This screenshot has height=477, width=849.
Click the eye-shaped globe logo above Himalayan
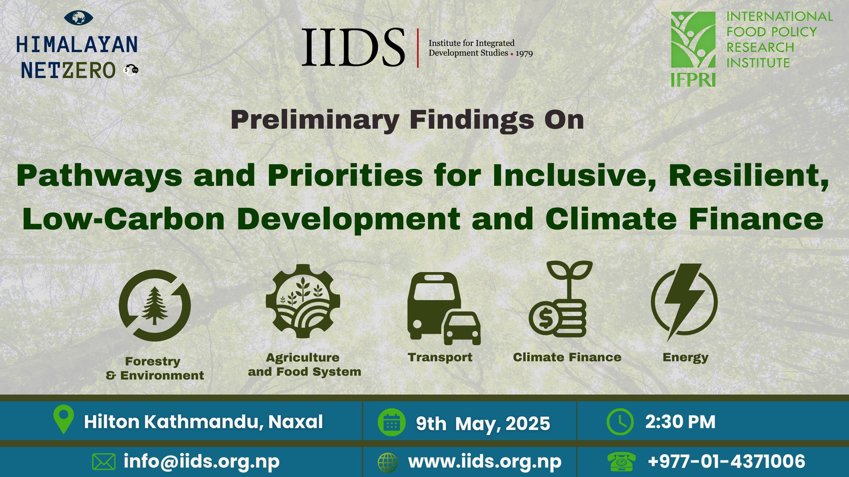point(79,17)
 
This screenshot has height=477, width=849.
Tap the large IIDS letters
point(353,47)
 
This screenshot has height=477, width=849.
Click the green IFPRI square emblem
point(693,40)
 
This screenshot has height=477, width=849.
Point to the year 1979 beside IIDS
point(524,53)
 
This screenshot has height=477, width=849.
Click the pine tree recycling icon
point(155,306)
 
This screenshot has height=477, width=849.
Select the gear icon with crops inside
point(303,301)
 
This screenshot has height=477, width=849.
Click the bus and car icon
point(444,308)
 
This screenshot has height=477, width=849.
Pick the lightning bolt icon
point(684,302)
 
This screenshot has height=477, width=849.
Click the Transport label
point(440,357)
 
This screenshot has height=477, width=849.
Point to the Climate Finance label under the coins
point(567,357)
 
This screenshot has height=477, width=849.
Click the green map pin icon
point(64,419)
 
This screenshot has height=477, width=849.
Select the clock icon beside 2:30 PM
point(620,422)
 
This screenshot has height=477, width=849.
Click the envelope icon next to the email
point(104,462)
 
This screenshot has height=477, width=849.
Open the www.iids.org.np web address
point(485,461)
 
